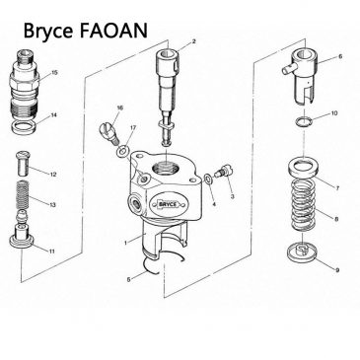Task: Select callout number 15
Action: point(54,72)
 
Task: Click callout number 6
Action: point(339,57)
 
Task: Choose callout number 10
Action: point(334,113)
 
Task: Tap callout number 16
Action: point(119,108)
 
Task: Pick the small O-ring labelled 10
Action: point(305,121)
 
